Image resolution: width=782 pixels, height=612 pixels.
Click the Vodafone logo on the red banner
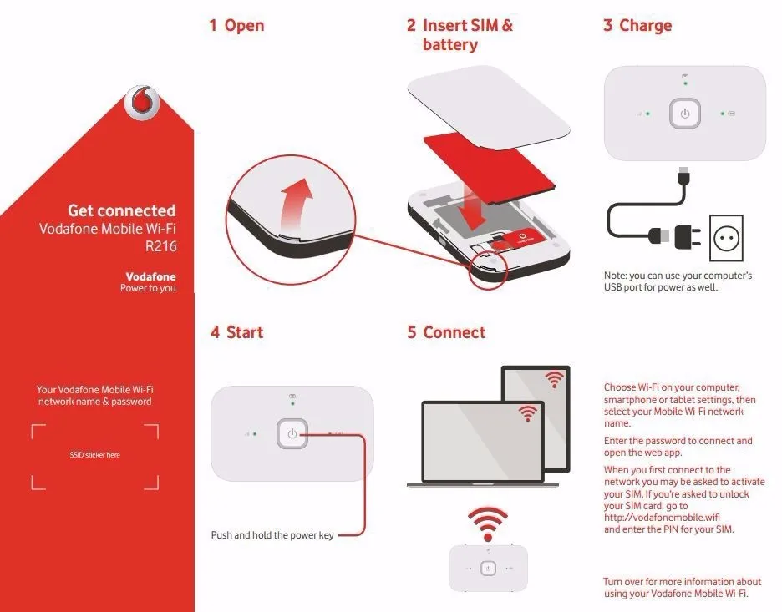140,103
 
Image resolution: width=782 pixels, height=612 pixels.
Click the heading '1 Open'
236,26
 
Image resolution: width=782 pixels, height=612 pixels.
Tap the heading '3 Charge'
637,26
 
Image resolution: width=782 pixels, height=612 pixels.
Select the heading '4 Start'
236,333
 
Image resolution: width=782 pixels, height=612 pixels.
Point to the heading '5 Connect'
446,333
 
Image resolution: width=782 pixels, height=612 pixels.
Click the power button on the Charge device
685,114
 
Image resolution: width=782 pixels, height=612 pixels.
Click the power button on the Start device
292,433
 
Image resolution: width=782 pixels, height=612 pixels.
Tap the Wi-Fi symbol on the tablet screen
554,380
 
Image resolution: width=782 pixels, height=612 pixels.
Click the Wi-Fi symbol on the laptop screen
527,412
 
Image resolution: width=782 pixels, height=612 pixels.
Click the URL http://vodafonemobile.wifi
656,518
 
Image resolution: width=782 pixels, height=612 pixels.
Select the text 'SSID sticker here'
94,455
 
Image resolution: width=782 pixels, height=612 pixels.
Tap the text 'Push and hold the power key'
272,535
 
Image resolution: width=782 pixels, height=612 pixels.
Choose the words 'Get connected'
122,210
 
